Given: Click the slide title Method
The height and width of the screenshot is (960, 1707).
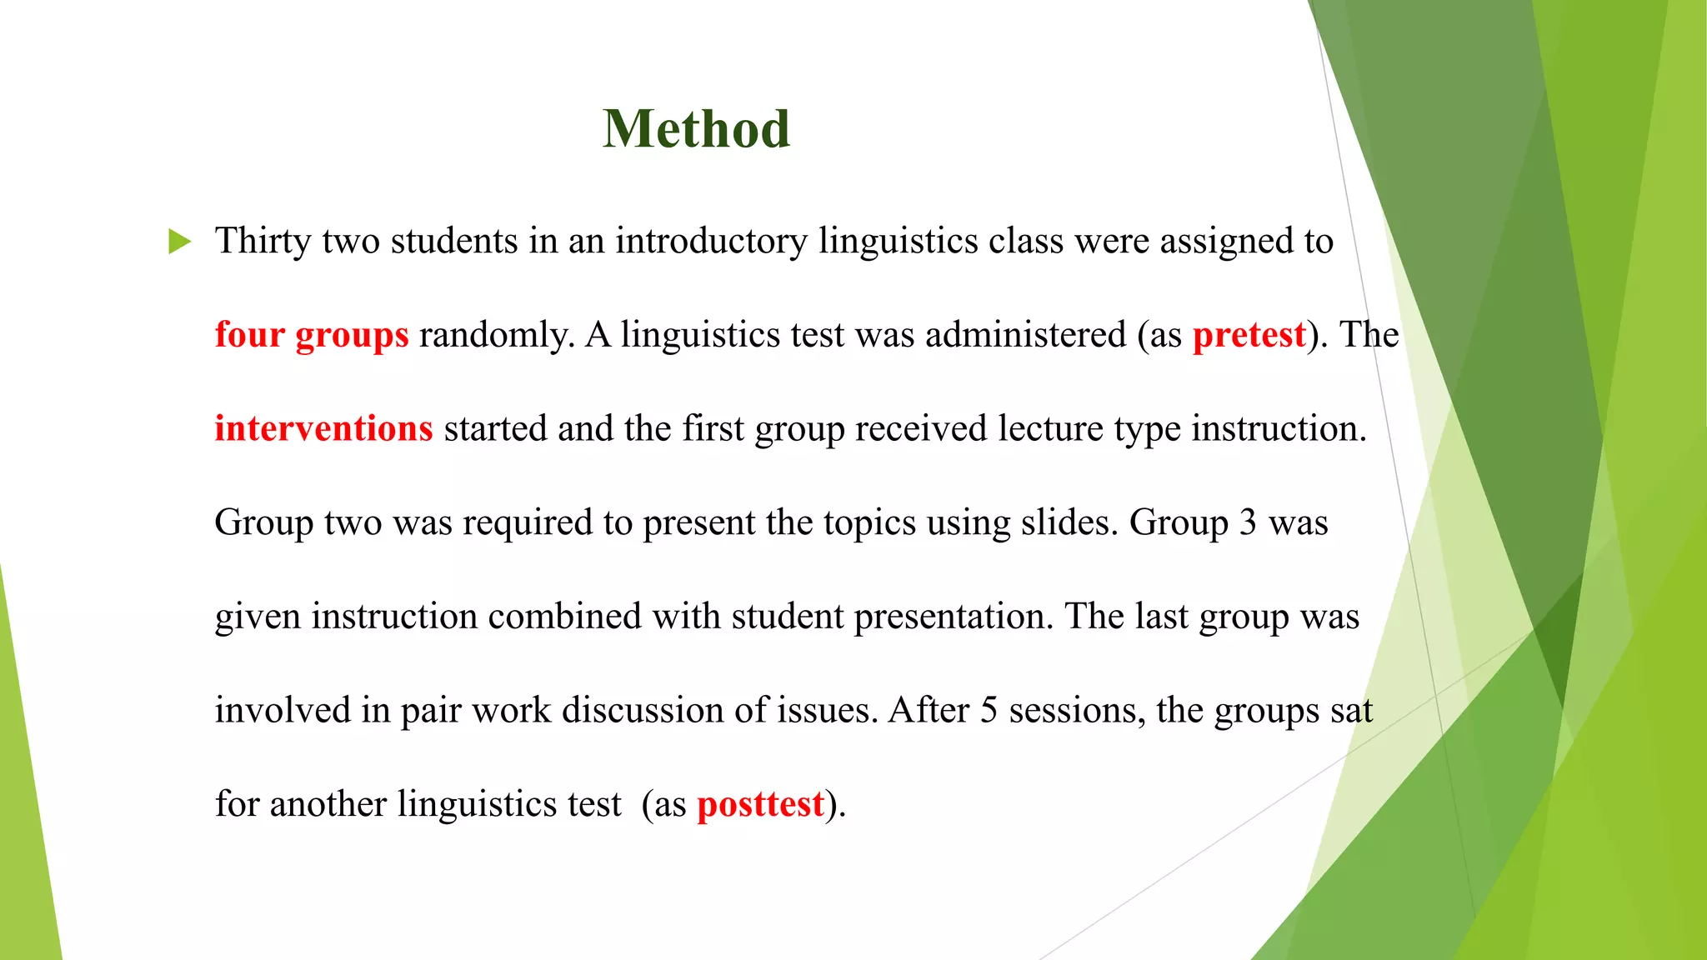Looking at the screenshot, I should click(696, 129).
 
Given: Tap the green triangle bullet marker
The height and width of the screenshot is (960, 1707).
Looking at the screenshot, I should click(179, 242).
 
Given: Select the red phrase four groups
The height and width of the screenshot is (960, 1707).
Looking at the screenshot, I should click(312, 335).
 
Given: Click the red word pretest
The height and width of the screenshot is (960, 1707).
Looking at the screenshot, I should click(1249, 335).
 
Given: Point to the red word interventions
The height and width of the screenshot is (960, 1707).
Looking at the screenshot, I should click(323, 428).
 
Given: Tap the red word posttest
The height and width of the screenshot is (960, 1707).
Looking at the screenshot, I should click(760, 804).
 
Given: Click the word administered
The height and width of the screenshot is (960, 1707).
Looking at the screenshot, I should click(1025, 335).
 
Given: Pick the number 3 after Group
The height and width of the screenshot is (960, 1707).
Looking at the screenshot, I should click(1248, 522).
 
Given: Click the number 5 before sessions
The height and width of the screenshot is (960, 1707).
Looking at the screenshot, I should click(989, 710).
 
